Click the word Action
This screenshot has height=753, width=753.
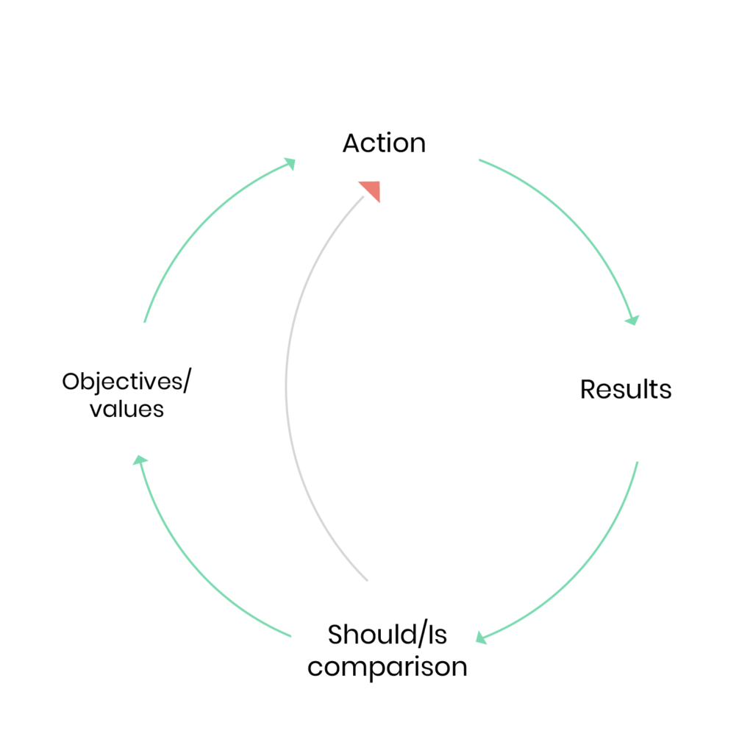click(x=384, y=143)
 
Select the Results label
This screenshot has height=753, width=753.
click(x=626, y=389)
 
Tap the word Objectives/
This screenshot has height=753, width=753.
click(x=126, y=382)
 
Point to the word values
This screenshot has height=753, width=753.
click(x=126, y=409)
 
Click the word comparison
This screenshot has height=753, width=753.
click(x=387, y=668)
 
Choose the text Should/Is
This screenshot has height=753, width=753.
click(x=387, y=634)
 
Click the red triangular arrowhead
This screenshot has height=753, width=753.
click(x=371, y=190)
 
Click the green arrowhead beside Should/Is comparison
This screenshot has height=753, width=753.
click(x=481, y=638)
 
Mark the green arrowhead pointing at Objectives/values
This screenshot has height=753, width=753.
click(x=140, y=460)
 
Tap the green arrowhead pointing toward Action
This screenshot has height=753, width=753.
click(x=290, y=164)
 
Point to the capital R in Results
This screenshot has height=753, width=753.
click(x=588, y=389)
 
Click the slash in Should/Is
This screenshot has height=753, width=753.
click(x=422, y=634)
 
